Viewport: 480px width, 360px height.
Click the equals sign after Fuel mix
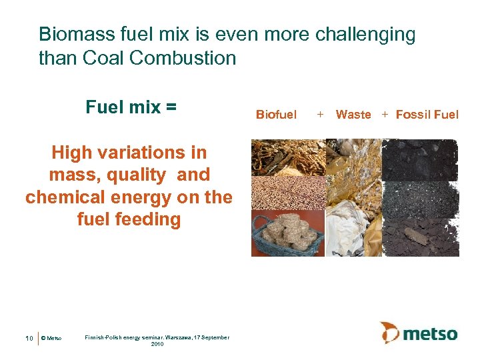coord(171,107)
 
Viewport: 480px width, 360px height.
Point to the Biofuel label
coord(276,115)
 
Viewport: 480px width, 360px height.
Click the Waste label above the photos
coord(353,115)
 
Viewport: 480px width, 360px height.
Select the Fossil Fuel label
coord(427,115)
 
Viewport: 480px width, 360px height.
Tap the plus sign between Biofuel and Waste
coord(320,115)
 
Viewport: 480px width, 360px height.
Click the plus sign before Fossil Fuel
coord(385,115)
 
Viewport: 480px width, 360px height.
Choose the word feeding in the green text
coord(147,219)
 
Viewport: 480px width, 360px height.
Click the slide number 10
coord(29,339)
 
